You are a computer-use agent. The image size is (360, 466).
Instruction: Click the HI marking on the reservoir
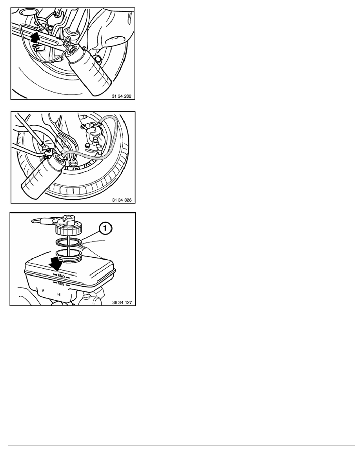tap(59, 294)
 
